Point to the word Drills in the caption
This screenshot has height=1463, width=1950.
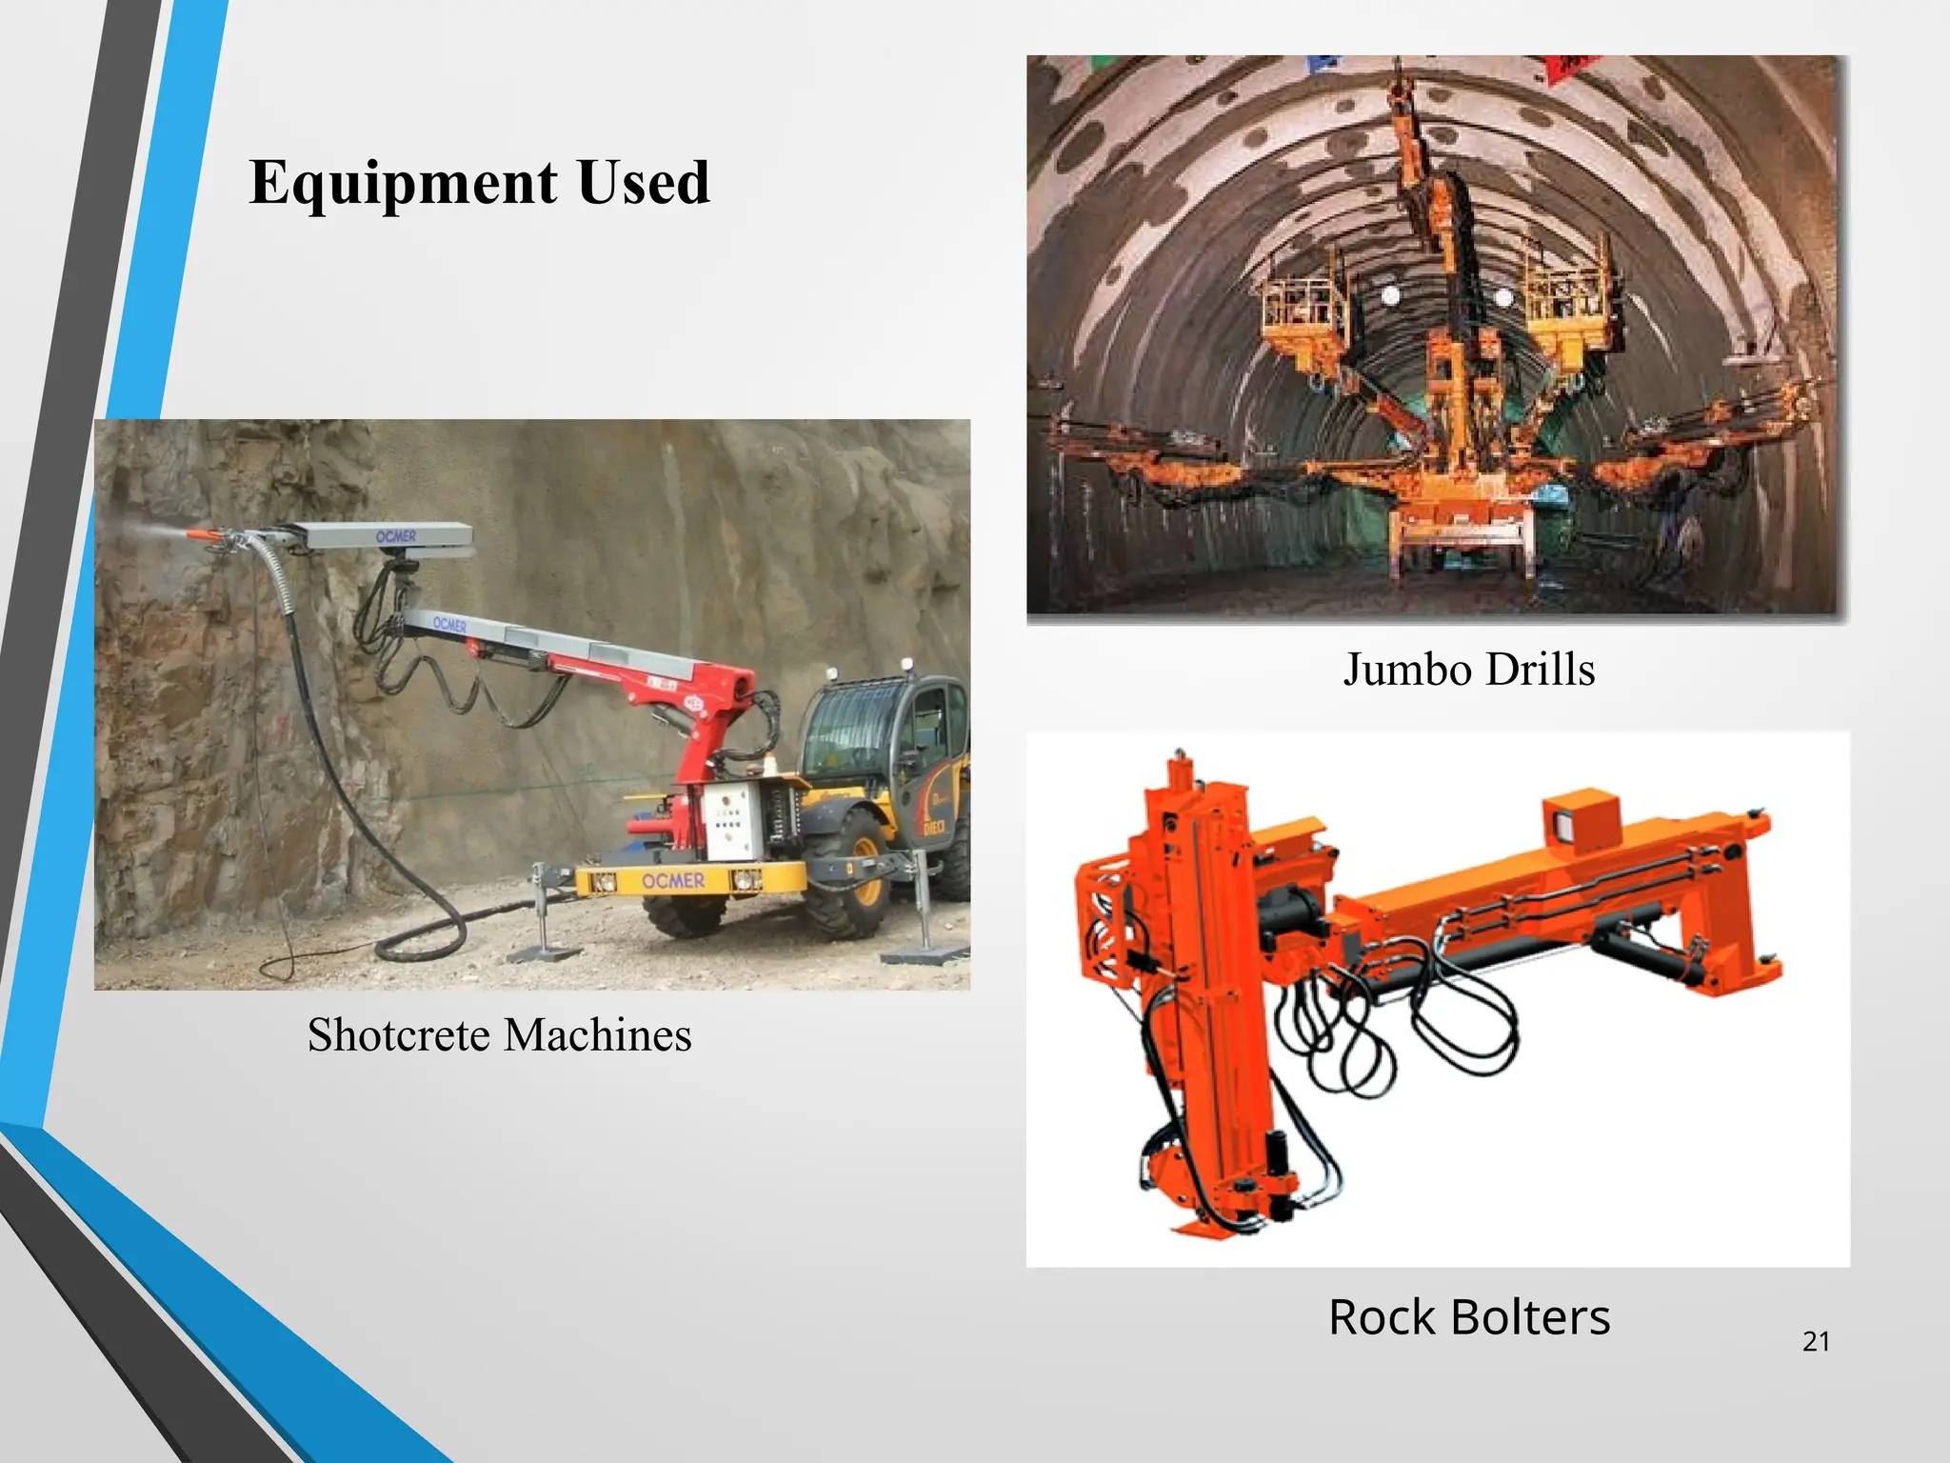coord(1540,669)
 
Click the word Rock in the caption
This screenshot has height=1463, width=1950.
coord(1381,1317)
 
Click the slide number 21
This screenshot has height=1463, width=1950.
coord(1816,1342)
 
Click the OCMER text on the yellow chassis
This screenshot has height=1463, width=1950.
coord(673,881)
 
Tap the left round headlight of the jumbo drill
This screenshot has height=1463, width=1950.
coord(1391,296)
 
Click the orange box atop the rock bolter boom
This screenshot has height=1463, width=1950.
coord(1581,819)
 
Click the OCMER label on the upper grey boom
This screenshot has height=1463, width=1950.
coord(395,537)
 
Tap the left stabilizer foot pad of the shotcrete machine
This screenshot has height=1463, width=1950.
coord(544,952)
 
